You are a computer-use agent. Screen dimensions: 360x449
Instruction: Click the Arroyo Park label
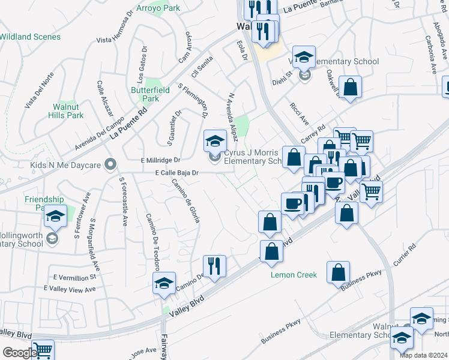(x=158, y=9)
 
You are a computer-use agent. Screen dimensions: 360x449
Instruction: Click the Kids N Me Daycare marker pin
(x=110, y=164)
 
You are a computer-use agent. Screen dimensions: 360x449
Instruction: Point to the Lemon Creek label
(x=294, y=275)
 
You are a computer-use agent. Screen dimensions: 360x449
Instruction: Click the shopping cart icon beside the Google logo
(x=42, y=350)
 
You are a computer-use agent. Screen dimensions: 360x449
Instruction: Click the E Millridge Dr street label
(x=160, y=160)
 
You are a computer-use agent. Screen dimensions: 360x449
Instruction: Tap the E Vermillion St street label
(x=74, y=278)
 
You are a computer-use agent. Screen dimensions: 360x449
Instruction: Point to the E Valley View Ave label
(x=70, y=289)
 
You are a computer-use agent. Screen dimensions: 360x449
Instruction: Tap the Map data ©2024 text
(x=424, y=355)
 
